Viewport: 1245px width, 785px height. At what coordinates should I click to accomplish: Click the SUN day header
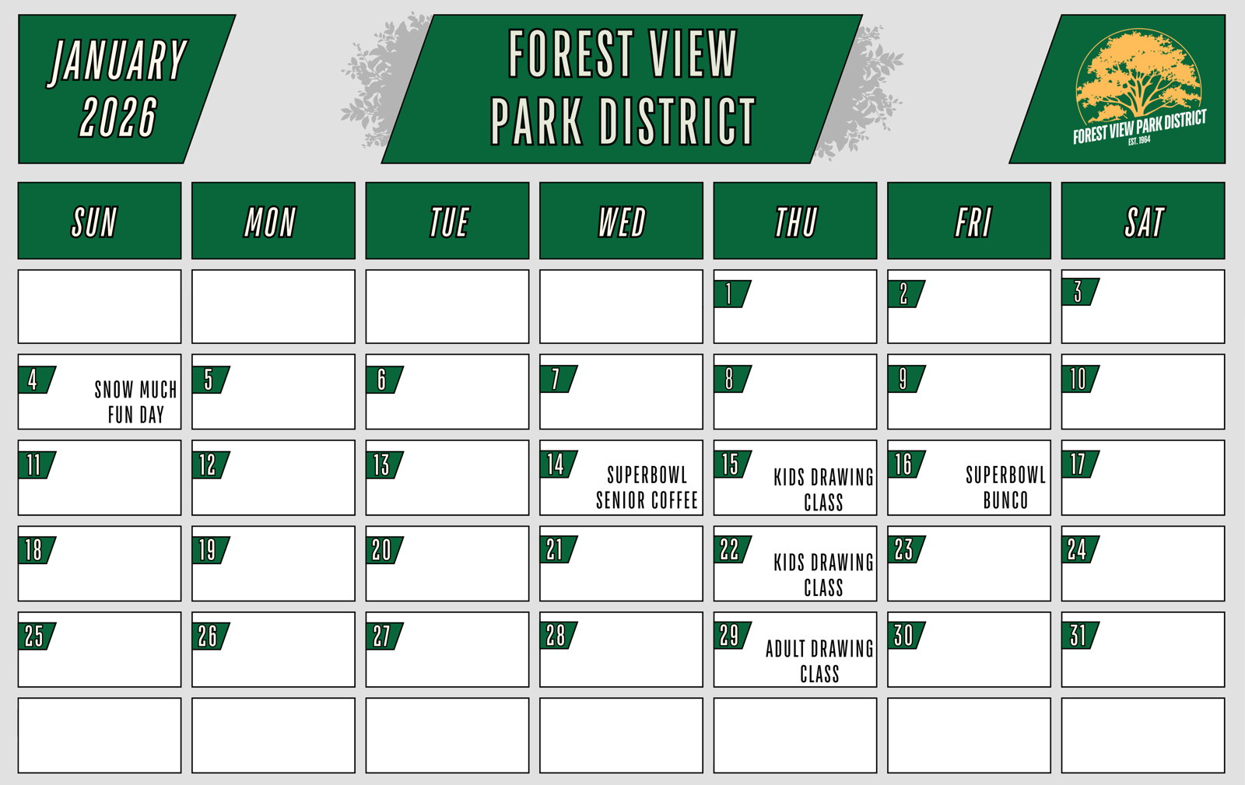pyautogui.click(x=100, y=220)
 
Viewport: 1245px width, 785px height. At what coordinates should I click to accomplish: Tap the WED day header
pyautogui.click(x=622, y=220)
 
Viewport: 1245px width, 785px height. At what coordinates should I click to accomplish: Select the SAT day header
pyautogui.click(x=1143, y=220)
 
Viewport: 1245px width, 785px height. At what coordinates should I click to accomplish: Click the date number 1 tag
pyautogui.click(x=731, y=294)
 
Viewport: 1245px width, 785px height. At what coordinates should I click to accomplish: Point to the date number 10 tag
pyautogui.click(x=1079, y=379)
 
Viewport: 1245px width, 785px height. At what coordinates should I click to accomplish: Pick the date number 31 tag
pyautogui.click(x=1079, y=636)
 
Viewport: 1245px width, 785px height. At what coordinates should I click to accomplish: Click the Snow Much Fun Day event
pyautogui.click(x=135, y=402)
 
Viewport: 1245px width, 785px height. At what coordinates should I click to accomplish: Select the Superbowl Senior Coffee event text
pyautogui.click(x=647, y=488)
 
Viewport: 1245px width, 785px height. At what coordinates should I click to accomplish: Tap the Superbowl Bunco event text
pyautogui.click(x=1005, y=488)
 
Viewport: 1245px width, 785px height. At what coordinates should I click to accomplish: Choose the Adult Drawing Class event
pyautogui.click(x=819, y=661)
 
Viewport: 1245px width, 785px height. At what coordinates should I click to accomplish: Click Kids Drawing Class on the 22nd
pyautogui.click(x=823, y=575)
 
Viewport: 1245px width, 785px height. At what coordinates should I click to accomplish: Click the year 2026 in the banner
pyautogui.click(x=118, y=117)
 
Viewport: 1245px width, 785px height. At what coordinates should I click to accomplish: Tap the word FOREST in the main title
pyautogui.click(x=571, y=54)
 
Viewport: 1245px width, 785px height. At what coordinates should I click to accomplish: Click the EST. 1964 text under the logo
pyautogui.click(x=1139, y=141)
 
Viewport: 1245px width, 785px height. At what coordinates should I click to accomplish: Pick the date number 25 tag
pyautogui.click(x=36, y=636)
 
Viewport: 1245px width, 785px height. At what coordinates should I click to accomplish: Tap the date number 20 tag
pyautogui.click(x=384, y=550)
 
